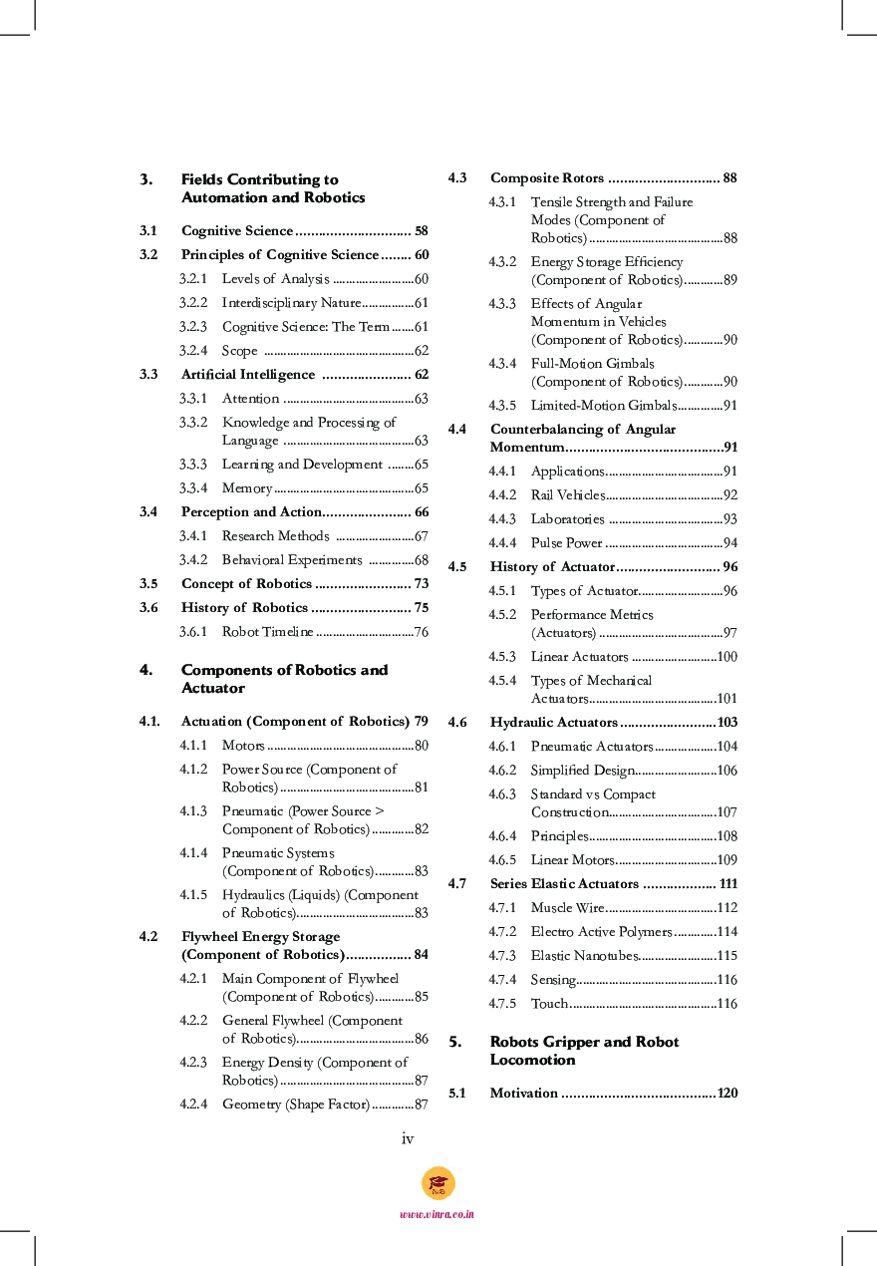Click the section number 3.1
(x=148, y=230)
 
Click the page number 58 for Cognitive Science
(x=422, y=230)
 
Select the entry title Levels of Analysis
(x=275, y=279)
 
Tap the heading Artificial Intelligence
(x=247, y=375)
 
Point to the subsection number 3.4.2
(x=193, y=560)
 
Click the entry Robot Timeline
(x=267, y=632)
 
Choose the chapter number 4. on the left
(x=146, y=670)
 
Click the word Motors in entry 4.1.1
(x=243, y=746)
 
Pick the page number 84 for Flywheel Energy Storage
(x=421, y=955)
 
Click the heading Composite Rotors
(x=546, y=178)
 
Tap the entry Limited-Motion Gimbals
(x=603, y=406)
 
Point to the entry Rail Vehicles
(x=567, y=495)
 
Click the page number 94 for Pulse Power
(x=731, y=543)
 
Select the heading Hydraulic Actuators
(x=553, y=723)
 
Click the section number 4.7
(x=457, y=884)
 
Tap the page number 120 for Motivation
(x=728, y=1094)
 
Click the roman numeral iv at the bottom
(x=408, y=1139)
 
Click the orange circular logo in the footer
(x=438, y=1183)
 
